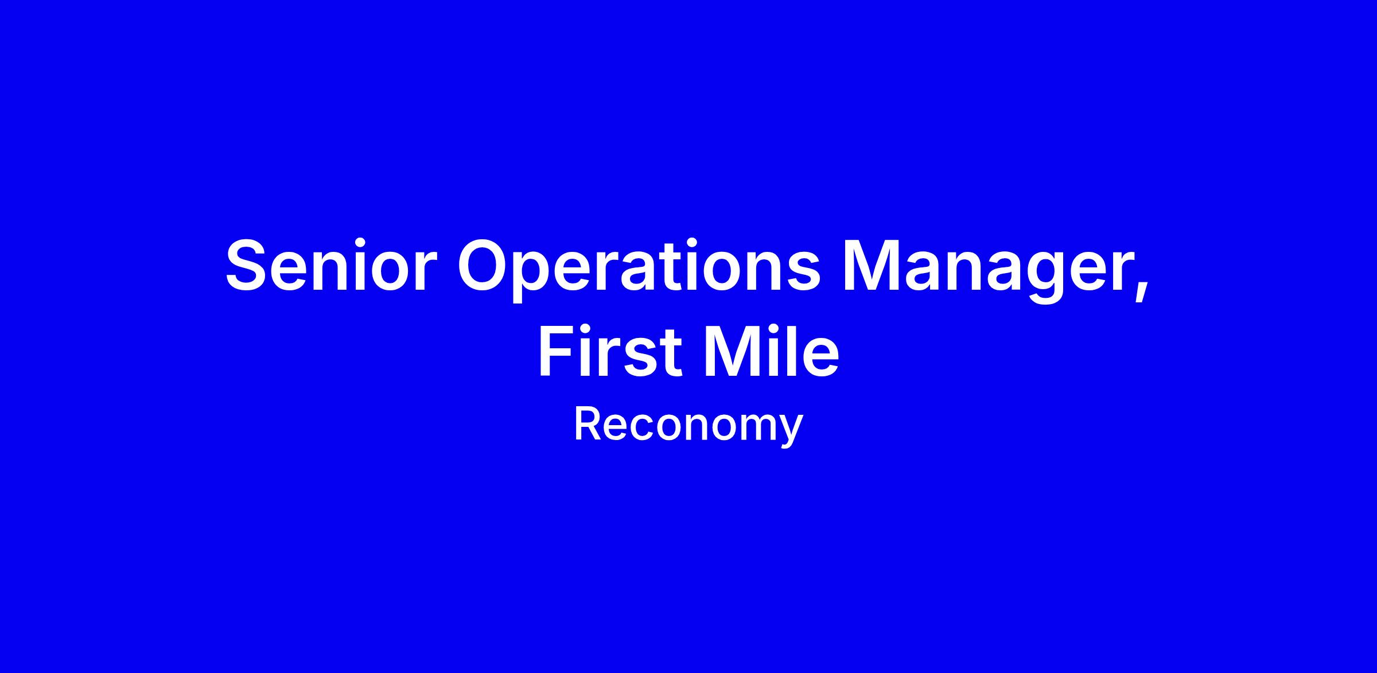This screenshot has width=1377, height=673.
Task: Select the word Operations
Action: click(x=639, y=269)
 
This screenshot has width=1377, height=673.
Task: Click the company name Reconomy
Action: click(x=688, y=426)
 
